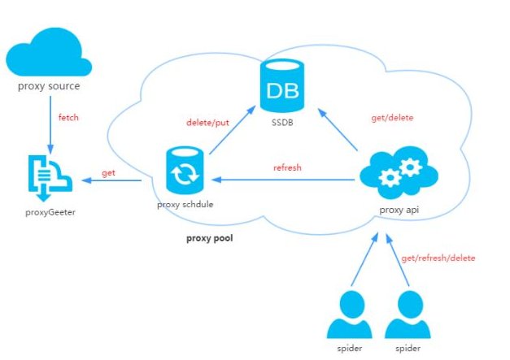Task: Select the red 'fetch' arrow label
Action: [69, 119]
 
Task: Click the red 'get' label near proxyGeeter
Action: [107, 174]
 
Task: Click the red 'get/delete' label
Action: [393, 118]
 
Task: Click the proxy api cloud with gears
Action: [398, 175]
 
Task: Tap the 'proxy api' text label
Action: [399, 210]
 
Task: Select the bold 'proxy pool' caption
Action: [209, 241]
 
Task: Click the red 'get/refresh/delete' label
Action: [438, 258]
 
